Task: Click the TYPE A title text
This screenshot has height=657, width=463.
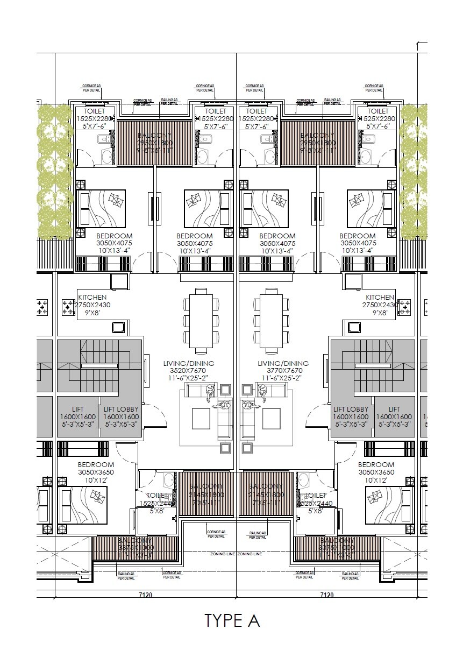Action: pos(232,620)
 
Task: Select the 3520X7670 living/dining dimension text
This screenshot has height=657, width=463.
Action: pos(185,371)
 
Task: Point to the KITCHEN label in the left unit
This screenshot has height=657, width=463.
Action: pos(92,297)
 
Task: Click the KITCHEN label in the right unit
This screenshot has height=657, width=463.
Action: pos(380,297)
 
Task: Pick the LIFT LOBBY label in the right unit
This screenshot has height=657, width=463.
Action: pos(351,409)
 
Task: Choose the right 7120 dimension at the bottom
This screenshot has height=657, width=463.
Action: pos(326,595)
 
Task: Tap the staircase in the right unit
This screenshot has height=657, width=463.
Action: pos(371,366)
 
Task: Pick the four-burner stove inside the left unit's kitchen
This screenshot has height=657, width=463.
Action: pos(68,307)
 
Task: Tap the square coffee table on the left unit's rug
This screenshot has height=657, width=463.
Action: pos(202,416)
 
